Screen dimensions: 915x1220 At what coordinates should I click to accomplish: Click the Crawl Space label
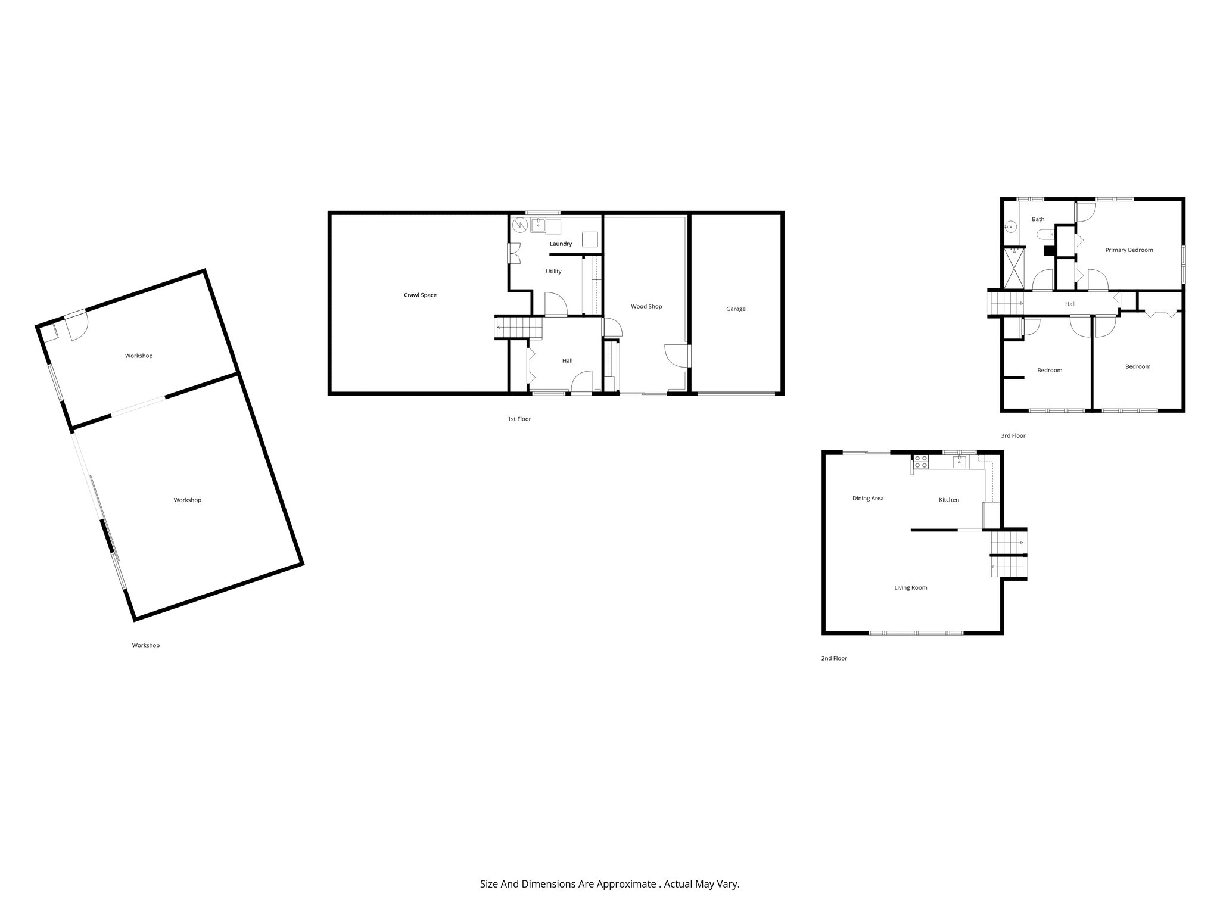tap(420, 295)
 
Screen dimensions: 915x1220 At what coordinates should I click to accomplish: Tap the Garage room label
tap(736, 309)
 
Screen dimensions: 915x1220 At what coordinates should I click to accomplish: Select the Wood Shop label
tap(646, 307)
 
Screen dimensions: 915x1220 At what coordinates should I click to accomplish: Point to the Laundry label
tap(561, 244)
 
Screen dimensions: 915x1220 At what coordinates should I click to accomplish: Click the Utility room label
tap(553, 272)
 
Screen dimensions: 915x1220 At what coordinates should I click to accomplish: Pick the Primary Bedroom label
tap(1129, 250)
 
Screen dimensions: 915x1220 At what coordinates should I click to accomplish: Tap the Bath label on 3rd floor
tap(1038, 219)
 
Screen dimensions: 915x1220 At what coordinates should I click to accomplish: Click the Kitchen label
tap(949, 500)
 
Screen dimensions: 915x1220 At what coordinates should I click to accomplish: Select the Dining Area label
tap(868, 499)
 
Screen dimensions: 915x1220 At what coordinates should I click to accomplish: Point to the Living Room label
tap(910, 588)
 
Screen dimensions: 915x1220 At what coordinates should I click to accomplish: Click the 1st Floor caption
tap(519, 419)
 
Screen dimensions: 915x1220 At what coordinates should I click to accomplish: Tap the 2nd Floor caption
tap(834, 659)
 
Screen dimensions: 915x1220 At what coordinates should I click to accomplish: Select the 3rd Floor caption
tap(1013, 436)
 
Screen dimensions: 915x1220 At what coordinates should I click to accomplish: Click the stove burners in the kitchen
tap(920, 461)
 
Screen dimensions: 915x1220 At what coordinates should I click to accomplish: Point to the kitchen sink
tap(959, 462)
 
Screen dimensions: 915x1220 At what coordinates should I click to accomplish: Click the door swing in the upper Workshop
tap(78, 327)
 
